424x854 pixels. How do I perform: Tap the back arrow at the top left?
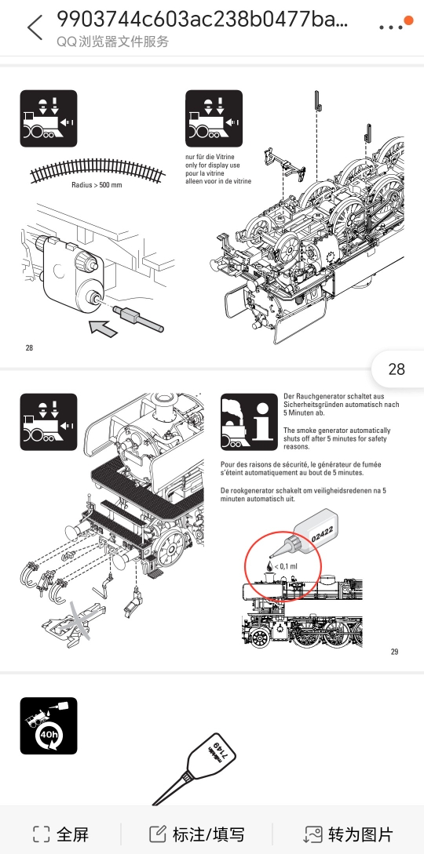[x=35, y=27]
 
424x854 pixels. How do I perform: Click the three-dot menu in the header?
[x=391, y=27]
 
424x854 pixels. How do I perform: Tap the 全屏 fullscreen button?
[x=60, y=834]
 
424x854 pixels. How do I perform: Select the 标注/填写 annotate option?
[x=197, y=834]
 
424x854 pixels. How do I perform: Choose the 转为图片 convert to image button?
[x=348, y=834]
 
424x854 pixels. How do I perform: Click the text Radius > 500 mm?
[x=97, y=185]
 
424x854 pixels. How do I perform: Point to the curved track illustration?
[x=97, y=170]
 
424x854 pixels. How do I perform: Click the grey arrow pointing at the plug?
[x=104, y=329]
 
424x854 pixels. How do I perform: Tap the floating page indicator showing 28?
[x=397, y=369]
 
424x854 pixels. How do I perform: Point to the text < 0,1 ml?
[x=286, y=566]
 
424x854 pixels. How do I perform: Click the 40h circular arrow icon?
[x=49, y=735]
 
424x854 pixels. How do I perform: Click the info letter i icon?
[x=263, y=421]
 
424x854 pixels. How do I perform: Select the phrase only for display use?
[x=213, y=165]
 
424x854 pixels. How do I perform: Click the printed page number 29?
[x=395, y=652]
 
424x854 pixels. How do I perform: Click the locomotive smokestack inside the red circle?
[x=268, y=576]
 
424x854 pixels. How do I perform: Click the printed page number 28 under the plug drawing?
[x=29, y=347]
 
